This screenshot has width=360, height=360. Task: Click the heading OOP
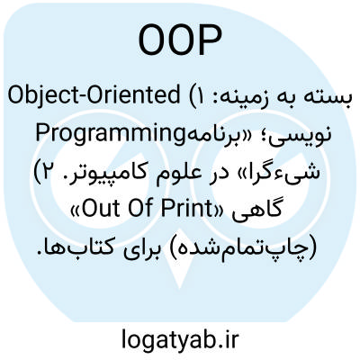[x=180, y=40]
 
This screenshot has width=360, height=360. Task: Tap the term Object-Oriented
[x=94, y=96]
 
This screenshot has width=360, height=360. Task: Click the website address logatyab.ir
[x=180, y=338]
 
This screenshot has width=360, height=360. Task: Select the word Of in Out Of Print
[x=139, y=210]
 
